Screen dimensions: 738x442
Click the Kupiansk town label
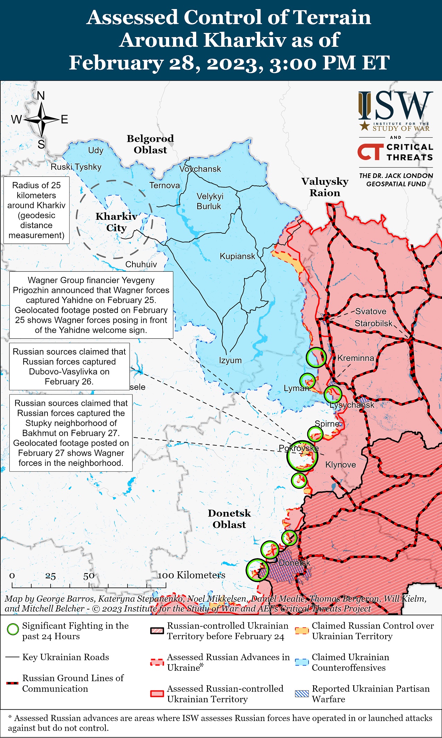point(237,257)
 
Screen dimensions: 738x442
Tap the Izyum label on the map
point(230,360)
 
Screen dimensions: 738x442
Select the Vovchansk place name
point(200,169)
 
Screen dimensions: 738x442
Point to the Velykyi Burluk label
point(210,201)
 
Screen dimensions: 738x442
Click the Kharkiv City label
point(116,222)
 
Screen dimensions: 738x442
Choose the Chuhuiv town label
point(141,264)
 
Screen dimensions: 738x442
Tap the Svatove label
point(371,311)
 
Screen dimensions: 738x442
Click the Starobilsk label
point(373,323)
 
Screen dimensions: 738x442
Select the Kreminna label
point(356,358)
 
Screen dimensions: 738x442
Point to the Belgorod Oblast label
point(150,144)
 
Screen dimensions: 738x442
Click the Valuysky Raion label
point(325,187)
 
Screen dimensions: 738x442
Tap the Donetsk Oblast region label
point(229,519)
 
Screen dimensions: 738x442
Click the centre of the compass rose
point(42,120)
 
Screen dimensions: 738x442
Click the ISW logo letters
point(396,106)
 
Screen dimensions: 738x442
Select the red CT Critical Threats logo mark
point(370,152)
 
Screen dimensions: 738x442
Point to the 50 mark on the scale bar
point(89,576)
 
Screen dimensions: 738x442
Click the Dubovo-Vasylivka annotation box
point(69,366)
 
